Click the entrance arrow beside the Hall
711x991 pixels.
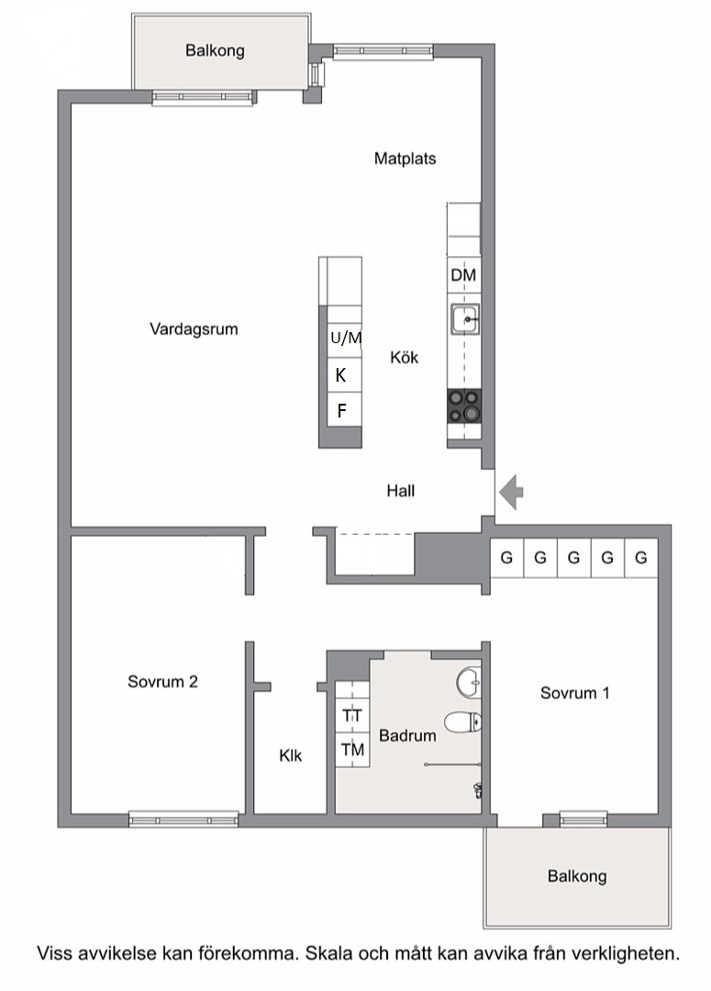tap(511, 491)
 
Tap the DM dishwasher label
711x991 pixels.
tap(463, 275)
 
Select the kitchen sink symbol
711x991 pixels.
tap(465, 319)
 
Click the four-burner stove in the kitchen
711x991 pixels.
tap(464, 406)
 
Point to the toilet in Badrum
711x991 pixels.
tap(462, 722)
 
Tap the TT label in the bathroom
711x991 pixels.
tap(352, 716)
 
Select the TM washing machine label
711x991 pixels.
tap(352, 750)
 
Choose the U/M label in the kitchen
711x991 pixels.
tap(347, 338)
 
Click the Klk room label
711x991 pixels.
tap(291, 755)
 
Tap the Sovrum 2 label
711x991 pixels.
tap(162, 681)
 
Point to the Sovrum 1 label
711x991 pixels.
tap(575, 693)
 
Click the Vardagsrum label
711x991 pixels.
tap(194, 329)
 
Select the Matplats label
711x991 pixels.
tap(405, 158)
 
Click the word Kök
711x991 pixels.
tap(405, 358)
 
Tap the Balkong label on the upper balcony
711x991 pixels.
tap(215, 50)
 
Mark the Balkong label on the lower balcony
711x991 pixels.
tap(577, 876)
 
